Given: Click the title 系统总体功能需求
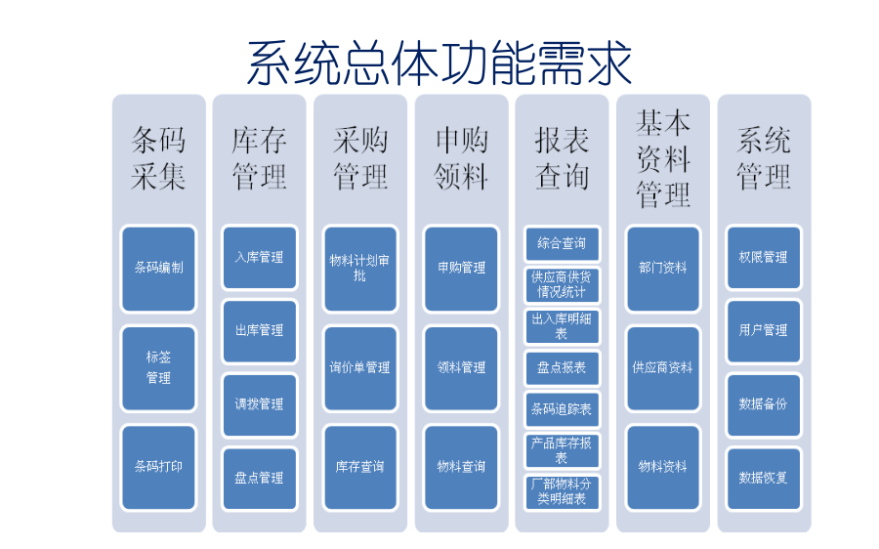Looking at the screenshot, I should click(x=439, y=63).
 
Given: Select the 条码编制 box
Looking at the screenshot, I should click(x=158, y=267).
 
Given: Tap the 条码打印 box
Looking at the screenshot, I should click(x=158, y=466).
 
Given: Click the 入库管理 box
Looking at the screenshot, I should click(x=259, y=257).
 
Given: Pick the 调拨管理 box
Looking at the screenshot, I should click(x=259, y=403).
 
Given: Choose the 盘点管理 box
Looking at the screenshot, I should click(x=259, y=478).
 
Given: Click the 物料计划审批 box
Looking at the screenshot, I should click(x=359, y=268).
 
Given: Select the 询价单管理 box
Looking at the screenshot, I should click(x=359, y=367).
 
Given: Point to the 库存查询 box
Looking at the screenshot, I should click(x=359, y=466).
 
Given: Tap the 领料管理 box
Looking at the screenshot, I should click(x=461, y=367).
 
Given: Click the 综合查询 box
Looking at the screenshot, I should click(x=562, y=243).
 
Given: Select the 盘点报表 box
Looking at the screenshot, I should click(x=562, y=367).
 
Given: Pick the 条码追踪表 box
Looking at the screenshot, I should click(x=562, y=408).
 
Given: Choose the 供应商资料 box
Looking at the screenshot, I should click(x=662, y=367).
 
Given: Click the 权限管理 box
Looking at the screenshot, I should click(x=763, y=257).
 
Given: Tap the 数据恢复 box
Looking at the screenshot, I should click(x=763, y=478).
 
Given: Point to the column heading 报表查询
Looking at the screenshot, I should click(x=562, y=158).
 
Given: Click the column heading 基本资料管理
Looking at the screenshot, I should click(x=662, y=158).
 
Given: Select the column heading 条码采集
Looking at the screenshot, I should click(x=158, y=158).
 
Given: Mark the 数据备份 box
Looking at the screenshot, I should click(x=763, y=403).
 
